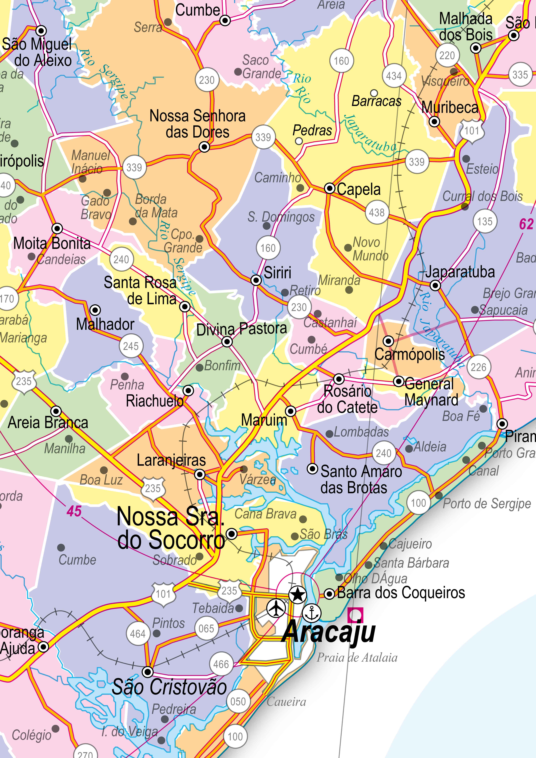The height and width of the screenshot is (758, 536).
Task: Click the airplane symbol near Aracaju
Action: (276, 608)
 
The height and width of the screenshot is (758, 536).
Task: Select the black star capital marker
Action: (298, 595)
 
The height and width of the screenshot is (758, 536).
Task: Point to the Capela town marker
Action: (329, 188)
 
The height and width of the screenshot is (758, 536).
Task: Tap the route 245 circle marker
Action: (131, 346)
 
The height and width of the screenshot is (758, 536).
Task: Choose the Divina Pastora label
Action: (241, 329)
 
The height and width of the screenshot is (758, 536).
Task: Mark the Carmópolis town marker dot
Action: (388, 341)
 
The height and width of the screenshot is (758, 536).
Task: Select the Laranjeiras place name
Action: (171, 460)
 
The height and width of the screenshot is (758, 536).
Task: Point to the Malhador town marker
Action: (95, 310)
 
